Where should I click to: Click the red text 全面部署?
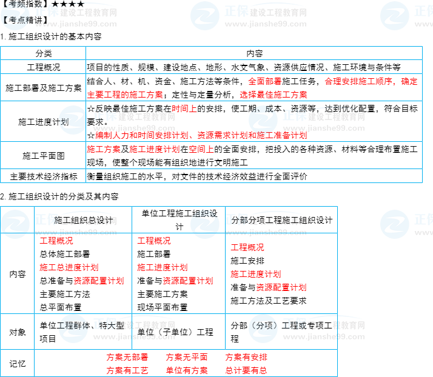pyautogui.click(x=265, y=81)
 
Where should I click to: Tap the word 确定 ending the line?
pyautogui.click(x=409, y=81)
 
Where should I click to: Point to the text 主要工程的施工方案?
pyautogui.click(x=125, y=95)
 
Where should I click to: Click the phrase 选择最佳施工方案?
pyautogui.click(x=273, y=95)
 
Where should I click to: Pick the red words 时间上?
pyautogui.click(x=184, y=109)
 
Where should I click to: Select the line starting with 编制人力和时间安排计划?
pyautogui.click(x=201, y=136)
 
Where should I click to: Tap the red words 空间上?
pyautogui.click(x=201, y=149)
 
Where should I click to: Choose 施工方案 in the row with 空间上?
pyautogui.click(x=104, y=149)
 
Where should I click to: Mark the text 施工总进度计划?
pyautogui.click(x=69, y=267)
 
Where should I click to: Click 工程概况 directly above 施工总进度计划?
pyautogui.click(x=56, y=241)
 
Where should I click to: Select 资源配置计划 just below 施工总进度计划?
pyautogui.click(x=98, y=281)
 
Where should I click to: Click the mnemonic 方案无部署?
pyautogui.click(x=127, y=357)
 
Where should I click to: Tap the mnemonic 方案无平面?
pyautogui.click(x=186, y=357)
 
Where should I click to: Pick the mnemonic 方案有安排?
pyautogui.click(x=246, y=357)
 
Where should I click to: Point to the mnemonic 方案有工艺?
pyautogui.click(x=127, y=370)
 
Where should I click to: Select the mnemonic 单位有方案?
pyautogui.click(x=186, y=370)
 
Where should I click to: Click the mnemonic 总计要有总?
pyautogui.click(x=246, y=370)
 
